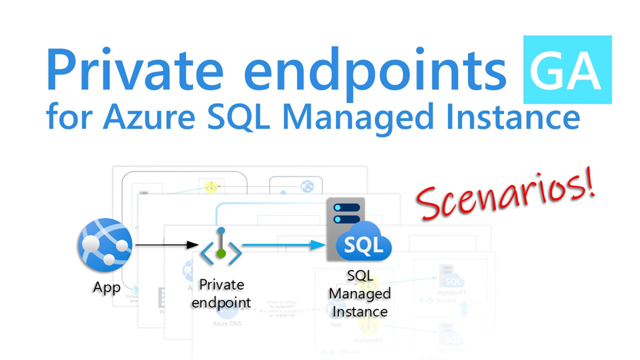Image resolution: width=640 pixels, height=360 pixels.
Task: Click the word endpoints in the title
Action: (382, 71)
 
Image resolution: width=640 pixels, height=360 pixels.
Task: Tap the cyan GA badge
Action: (567, 70)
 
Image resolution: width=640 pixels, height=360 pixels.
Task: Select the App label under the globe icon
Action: (106, 287)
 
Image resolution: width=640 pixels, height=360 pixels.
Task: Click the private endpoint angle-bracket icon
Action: (221, 247)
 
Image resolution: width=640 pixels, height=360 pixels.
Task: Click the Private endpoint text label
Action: (221, 294)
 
